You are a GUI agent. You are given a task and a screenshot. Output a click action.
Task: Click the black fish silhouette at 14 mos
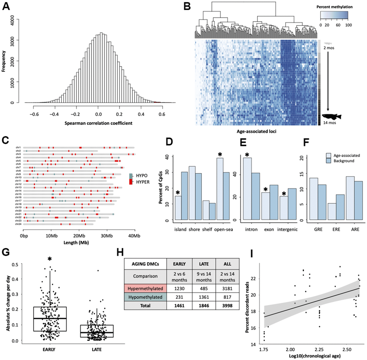(332, 117)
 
